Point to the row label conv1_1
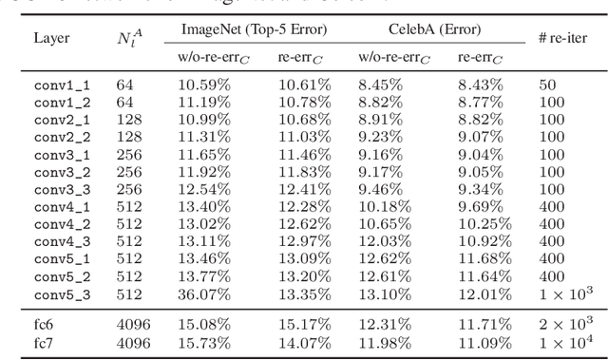click(x=63, y=85)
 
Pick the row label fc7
click(x=45, y=341)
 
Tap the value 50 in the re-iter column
click(x=547, y=85)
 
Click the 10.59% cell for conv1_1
click(x=203, y=85)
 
